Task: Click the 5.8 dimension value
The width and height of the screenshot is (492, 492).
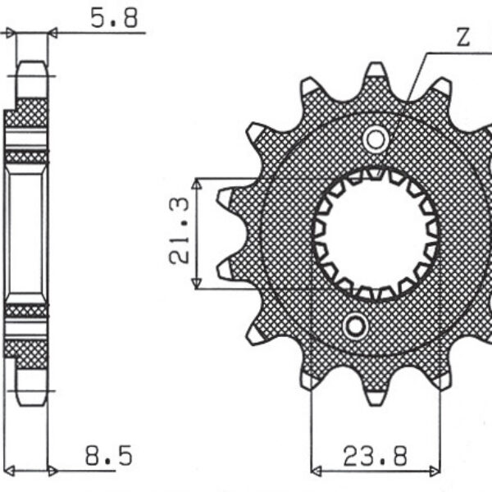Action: (114, 18)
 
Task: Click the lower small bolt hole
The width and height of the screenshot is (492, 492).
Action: (356, 326)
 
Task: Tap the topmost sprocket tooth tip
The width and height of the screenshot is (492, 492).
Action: (375, 69)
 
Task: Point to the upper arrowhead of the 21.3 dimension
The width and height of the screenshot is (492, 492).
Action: (197, 183)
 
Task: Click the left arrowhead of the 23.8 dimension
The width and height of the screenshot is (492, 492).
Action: (317, 471)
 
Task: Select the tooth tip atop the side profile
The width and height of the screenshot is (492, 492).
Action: (31, 66)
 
